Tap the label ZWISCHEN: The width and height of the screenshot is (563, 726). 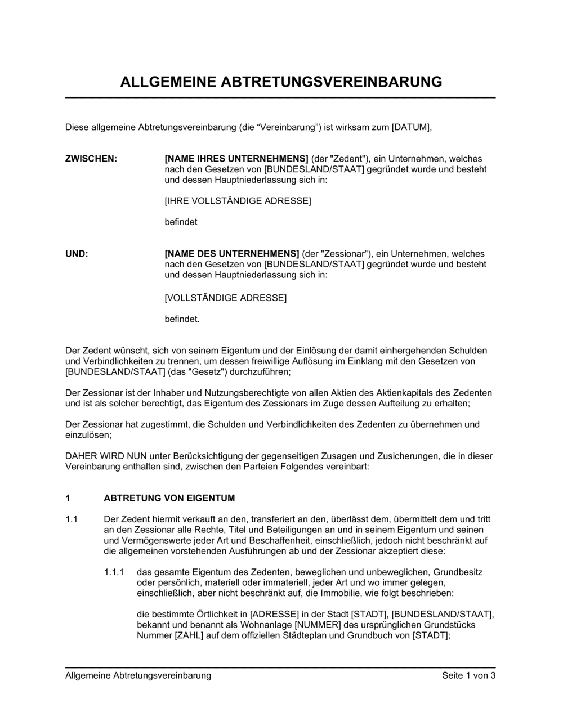click(91, 159)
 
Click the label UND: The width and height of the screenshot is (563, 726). click(77, 254)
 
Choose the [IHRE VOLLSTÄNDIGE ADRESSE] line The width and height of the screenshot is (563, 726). click(238, 201)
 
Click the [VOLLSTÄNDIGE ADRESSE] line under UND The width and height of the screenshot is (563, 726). click(225, 298)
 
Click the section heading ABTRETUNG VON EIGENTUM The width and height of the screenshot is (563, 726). click(169, 498)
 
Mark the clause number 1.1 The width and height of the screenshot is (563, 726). click(72, 519)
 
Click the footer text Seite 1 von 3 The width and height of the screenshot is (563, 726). click(468, 675)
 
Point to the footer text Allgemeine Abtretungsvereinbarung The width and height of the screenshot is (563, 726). click(138, 675)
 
